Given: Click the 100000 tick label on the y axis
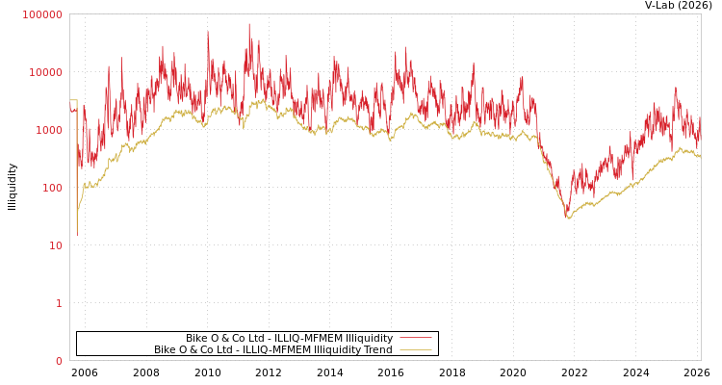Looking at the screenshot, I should coord(42,14).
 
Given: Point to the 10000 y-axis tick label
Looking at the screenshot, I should coord(45,72).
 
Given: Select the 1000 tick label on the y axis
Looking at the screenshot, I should coord(48,130).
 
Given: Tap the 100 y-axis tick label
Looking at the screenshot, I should coord(51,188).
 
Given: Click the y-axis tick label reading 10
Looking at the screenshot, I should coord(55,245).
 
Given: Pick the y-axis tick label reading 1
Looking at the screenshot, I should coord(58,303).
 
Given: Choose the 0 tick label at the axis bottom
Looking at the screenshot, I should coord(58,361).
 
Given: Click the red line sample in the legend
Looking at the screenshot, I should coord(415,338).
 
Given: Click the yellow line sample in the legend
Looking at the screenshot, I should coord(415,349).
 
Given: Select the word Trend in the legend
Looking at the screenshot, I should coord(376,349).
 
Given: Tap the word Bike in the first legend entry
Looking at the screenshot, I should coord(197,338).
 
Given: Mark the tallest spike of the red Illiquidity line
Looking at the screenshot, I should coord(248,24).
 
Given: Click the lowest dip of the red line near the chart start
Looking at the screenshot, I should coord(77,234).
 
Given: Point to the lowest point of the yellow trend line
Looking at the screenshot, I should coord(569,219).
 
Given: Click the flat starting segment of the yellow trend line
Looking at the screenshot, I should coord(73,100).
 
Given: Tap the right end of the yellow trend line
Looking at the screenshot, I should coord(700,156).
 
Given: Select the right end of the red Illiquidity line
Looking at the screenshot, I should coord(700,120).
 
